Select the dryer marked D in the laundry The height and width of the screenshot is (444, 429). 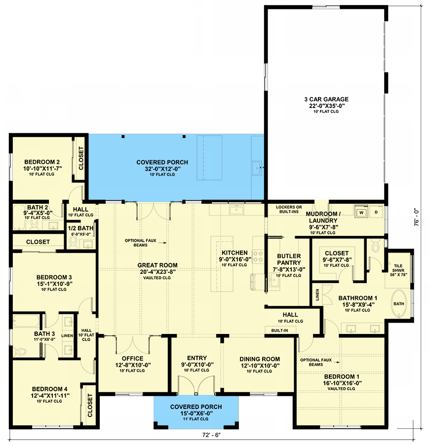376,212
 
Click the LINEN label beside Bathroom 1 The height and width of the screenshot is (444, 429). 316,295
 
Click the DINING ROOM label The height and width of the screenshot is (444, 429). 260,359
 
